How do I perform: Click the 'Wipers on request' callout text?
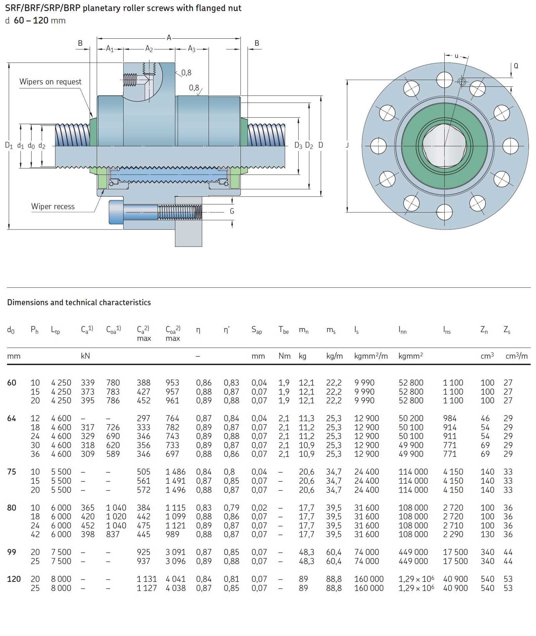[x=50, y=82]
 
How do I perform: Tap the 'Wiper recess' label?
[x=53, y=206]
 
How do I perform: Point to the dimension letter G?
[x=232, y=211]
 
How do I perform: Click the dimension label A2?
[x=149, y=49]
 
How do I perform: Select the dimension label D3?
[x=298, y=145]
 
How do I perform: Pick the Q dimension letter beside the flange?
[x=516, y=66]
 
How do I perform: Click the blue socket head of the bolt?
[x=116, y=212]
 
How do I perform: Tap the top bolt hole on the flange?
[x=445, y=80]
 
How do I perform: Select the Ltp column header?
[x=55, y=330]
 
